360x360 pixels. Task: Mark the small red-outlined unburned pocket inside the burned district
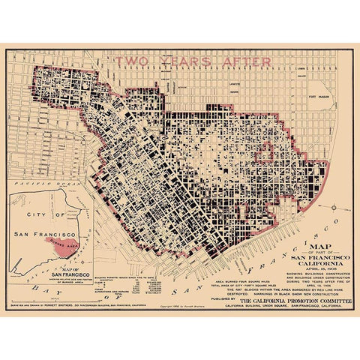(267, 154)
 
